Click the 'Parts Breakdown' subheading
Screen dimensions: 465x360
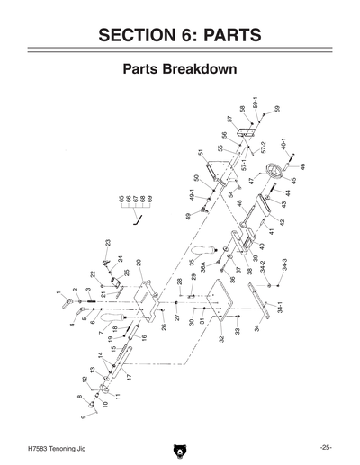pos(180,71)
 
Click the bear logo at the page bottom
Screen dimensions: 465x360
pos(180,447)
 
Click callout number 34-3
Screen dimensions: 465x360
pos(283,267)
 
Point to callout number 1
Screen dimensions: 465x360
pos(58,293)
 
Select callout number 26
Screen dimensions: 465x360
pos(164,326)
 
